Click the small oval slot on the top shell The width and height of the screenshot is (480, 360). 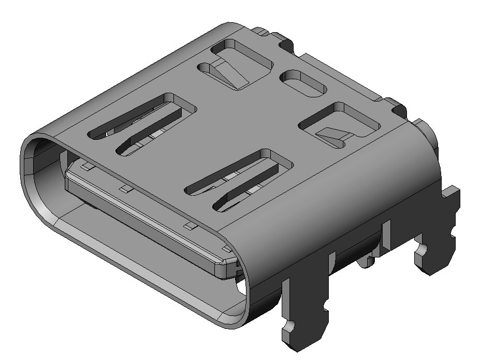(x=303, y=82)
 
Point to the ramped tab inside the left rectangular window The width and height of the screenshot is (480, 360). (x=230, y=72)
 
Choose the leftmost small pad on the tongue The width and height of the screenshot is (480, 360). (x=86, y=166)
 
